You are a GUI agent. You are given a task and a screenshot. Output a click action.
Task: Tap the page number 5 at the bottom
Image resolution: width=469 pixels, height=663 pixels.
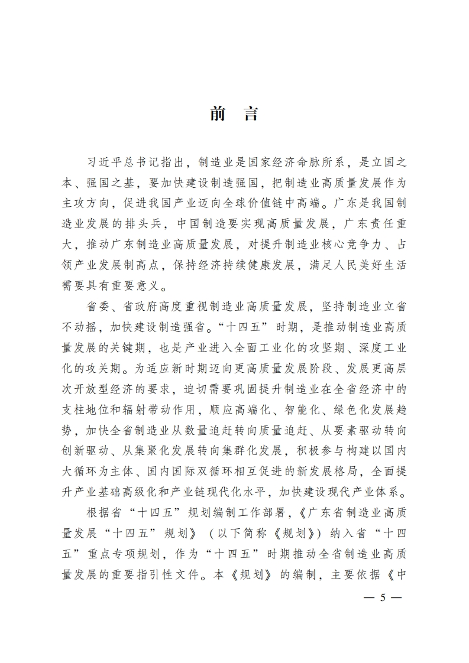tap(382, 597)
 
